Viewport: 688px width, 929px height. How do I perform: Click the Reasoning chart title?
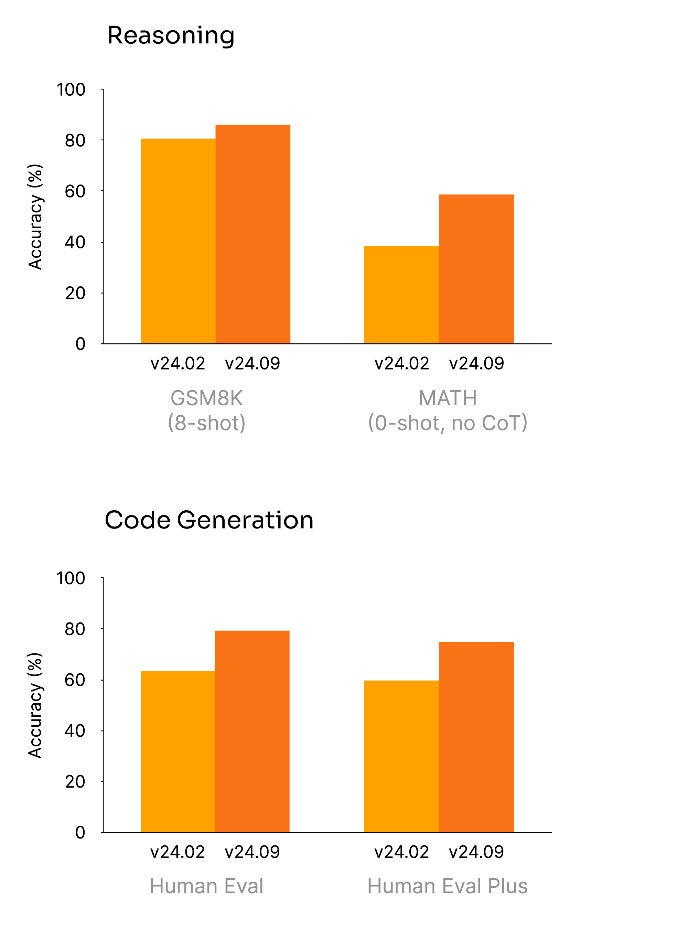[171, 35]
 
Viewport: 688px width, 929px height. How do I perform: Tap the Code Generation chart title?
[209, 520]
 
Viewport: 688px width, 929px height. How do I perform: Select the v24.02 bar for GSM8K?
[178, 241]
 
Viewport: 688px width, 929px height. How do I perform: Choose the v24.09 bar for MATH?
[476, 269]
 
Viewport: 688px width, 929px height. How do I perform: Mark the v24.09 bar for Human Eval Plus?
[476, 737]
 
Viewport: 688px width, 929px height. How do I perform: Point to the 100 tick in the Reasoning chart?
[71, 90]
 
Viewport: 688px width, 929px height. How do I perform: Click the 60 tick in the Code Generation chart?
[75, 680]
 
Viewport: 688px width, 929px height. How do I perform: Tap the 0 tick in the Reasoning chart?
[80, 344]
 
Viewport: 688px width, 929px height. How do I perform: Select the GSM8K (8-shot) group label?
[206, 410]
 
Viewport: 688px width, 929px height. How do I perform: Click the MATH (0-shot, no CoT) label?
[448, 410]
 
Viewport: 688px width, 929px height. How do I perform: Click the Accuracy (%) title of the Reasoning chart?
[35, 217]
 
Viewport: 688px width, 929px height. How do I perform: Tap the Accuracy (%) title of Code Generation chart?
[35, 705]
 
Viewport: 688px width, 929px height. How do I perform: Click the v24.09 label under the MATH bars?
[476, 364]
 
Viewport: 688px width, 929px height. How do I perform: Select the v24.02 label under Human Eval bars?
[178, 852]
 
